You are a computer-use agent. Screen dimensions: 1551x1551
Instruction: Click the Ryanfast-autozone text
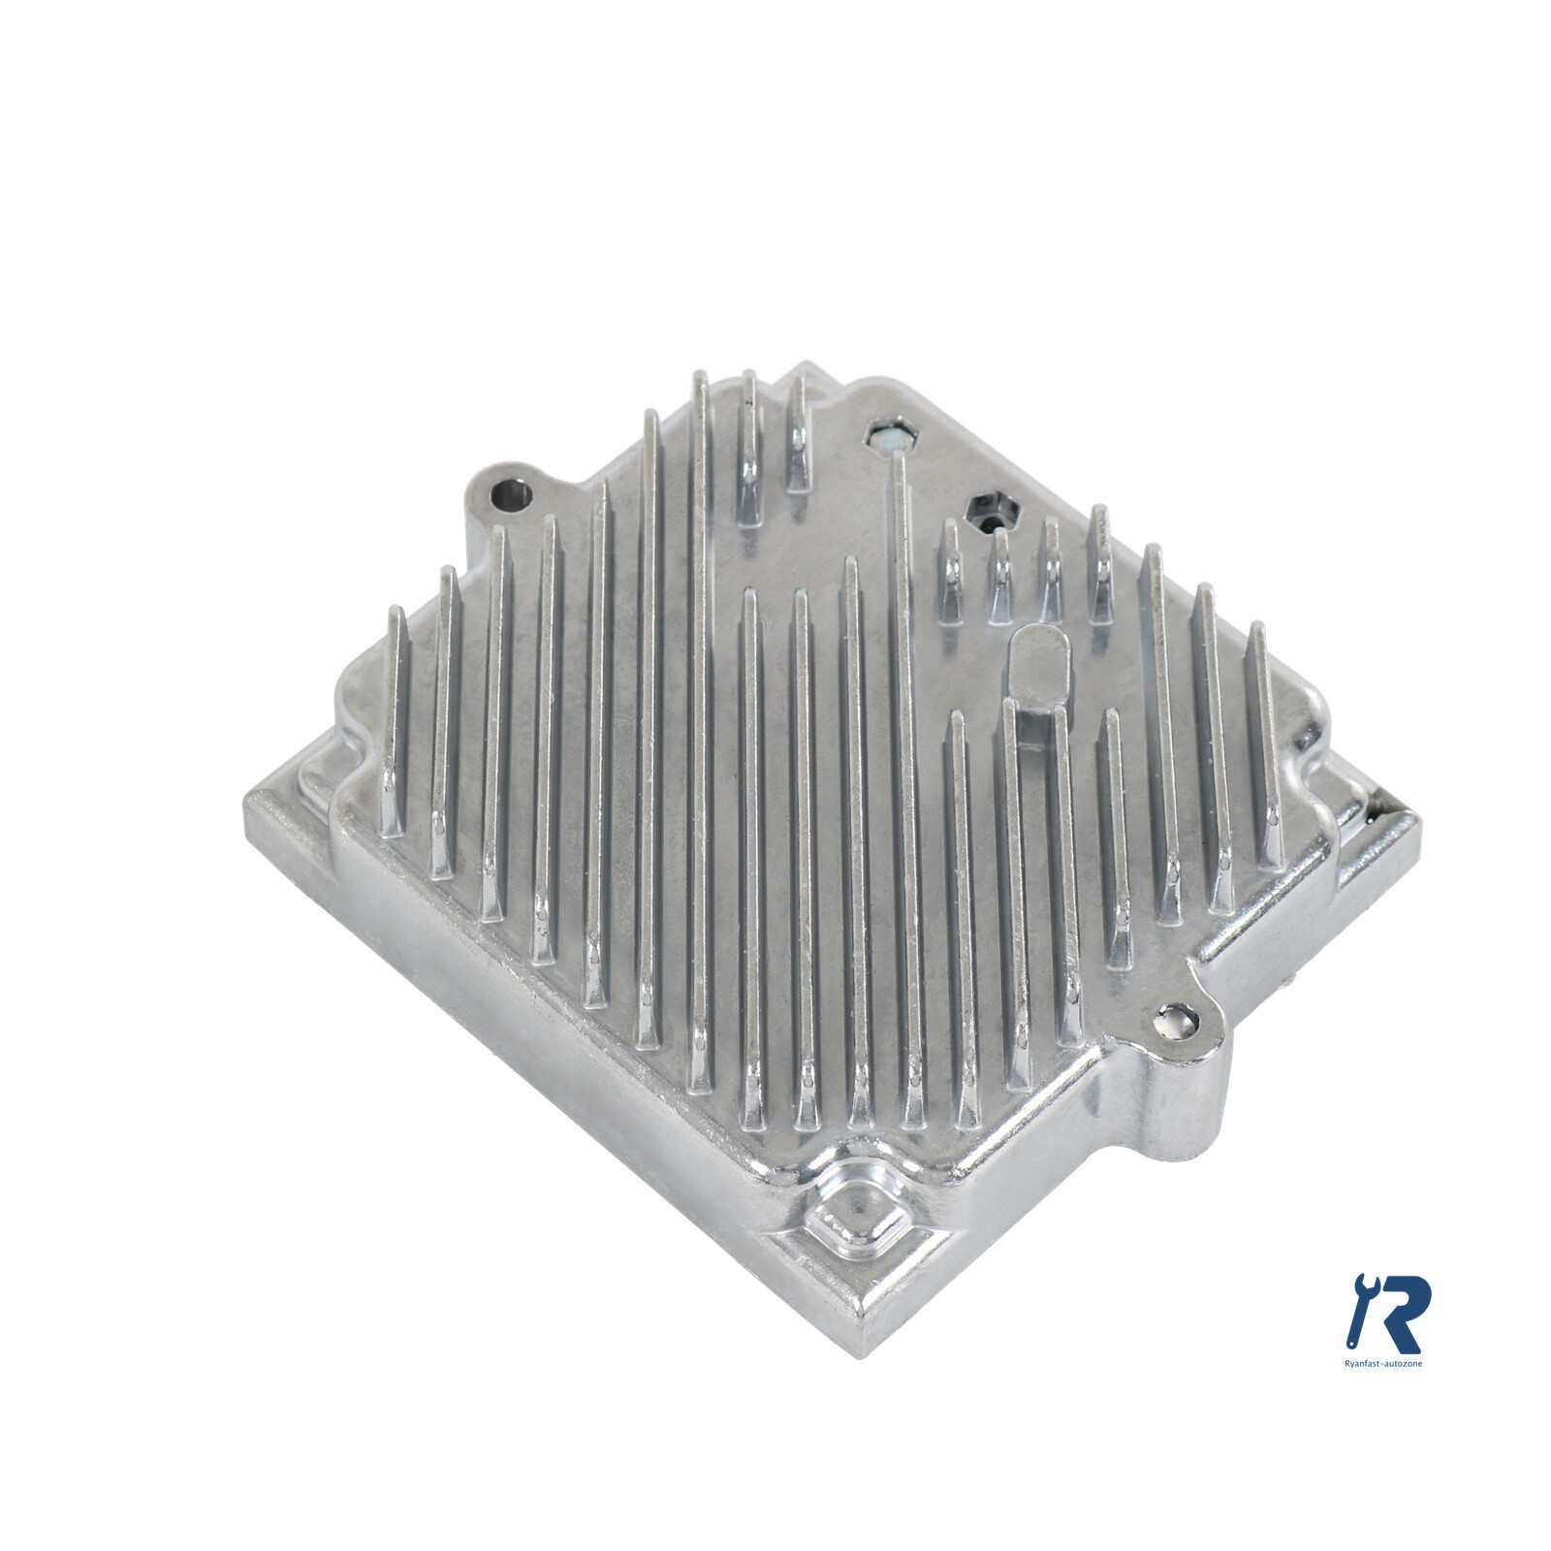pos(1383,1362)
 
